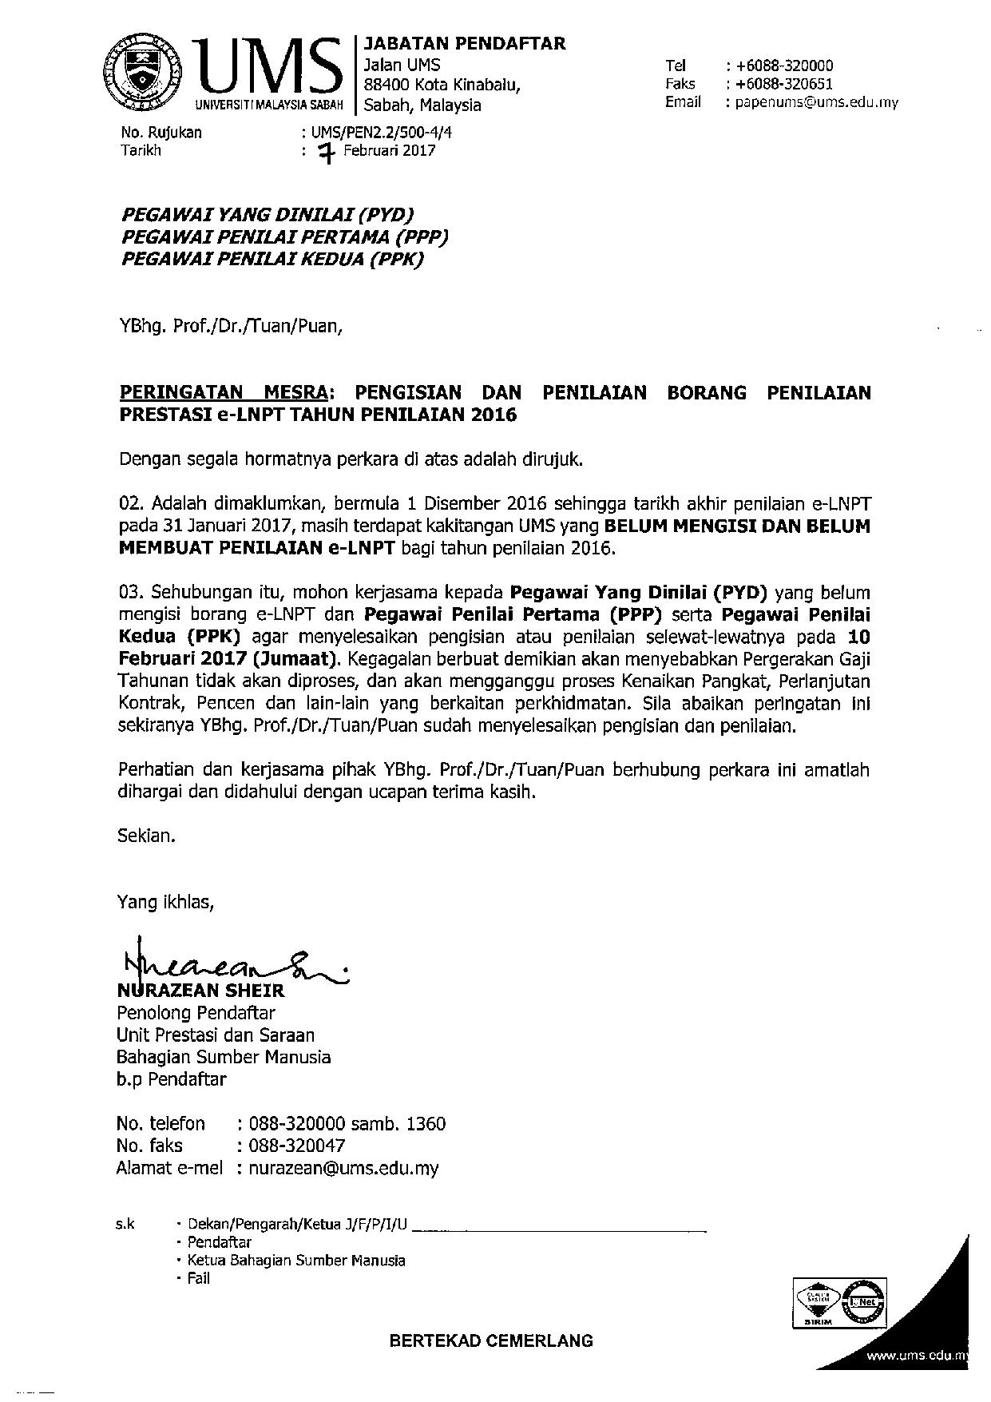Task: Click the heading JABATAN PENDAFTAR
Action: coord(464,44)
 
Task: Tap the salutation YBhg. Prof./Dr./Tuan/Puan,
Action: coord(231,326)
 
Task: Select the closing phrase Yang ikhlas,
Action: coord(166,903)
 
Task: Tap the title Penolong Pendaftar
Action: coord(196,1013)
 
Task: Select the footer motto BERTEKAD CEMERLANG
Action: coord(491,1340)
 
